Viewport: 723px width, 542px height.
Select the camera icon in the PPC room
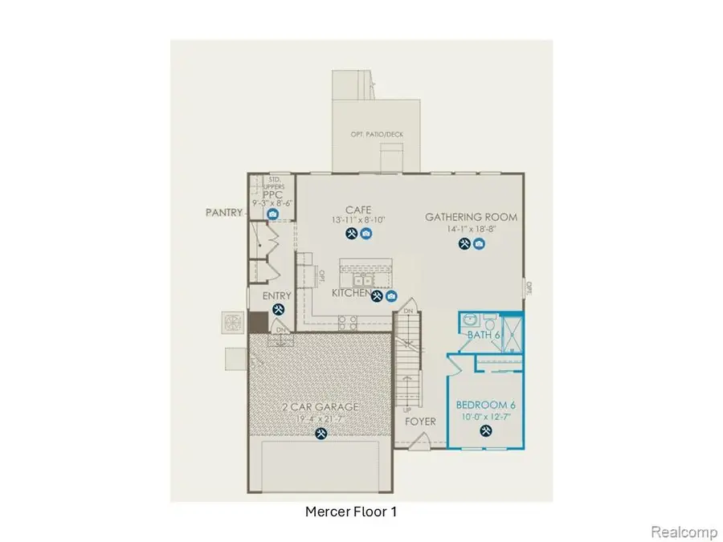[x=273, y=215]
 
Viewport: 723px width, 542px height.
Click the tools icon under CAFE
[x=351, y=234]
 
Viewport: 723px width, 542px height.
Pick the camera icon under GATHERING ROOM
[x=479, y=243]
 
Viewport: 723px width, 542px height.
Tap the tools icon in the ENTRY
[x=279, y=310]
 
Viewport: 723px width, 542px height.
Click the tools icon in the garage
[x=321, y=434]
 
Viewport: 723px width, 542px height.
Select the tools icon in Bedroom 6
[x=485, y=430]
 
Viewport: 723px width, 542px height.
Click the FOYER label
[x=420, y=421]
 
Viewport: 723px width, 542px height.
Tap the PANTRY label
[x=223, y=214]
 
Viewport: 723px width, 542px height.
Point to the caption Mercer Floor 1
[x=351, y=511]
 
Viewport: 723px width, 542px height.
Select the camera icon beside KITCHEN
[x=391, y=295]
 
